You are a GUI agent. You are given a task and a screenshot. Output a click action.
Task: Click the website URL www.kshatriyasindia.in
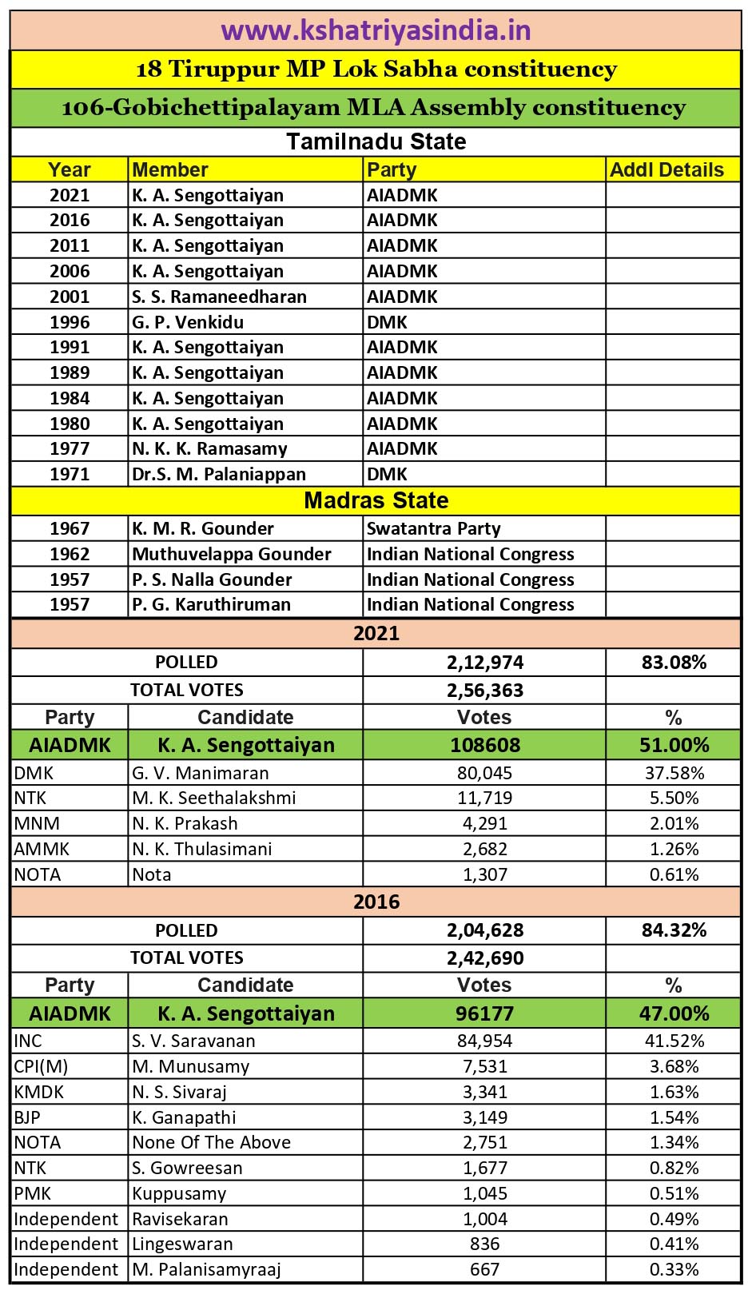[376, 30]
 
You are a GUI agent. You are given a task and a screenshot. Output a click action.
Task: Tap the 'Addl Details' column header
[666, 169]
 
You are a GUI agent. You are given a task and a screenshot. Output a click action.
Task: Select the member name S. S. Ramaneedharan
[219, 297]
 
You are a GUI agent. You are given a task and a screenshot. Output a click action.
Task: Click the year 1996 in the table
[70, 322]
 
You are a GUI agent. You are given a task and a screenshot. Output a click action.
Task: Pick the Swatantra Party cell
[433, 528]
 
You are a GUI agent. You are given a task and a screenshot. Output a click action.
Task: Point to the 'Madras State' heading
[376, 500]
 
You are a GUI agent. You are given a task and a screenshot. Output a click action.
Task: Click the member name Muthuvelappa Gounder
[232, 554]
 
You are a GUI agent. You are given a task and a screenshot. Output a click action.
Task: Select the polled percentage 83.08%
[674, 662]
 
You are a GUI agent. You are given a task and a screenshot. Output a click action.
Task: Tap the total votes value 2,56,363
[484, 690]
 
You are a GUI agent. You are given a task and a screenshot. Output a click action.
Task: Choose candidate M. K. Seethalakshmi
[213, 798]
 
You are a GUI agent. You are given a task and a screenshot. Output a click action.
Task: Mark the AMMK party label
[42, 849]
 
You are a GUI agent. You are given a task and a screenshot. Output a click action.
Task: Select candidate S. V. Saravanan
[193, 1041]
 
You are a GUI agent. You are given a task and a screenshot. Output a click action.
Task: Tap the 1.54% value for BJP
[674, 1117]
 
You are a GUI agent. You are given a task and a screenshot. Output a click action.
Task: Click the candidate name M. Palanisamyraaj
[206, 1269]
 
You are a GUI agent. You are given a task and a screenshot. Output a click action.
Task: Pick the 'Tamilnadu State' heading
[376, 141]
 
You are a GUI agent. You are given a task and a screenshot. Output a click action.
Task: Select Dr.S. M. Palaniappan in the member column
[219, 474]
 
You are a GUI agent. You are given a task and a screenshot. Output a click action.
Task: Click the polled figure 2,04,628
[484, 930]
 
